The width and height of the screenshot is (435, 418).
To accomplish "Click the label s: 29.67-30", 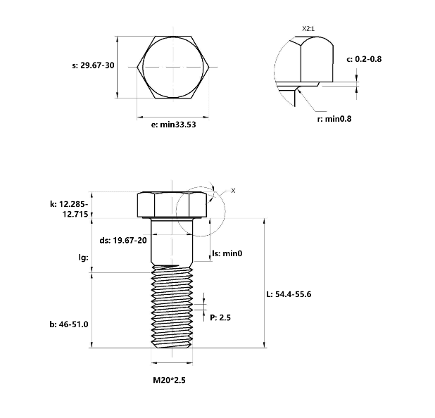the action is click(x=93, y=65).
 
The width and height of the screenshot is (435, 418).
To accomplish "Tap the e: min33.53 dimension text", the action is click(x=173, y=125).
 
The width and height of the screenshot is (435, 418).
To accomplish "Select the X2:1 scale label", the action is click(x=308, y=29).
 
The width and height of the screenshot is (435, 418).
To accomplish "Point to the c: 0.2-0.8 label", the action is click(x=364, y=59).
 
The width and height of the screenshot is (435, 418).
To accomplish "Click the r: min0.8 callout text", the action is click(x=334, y=119).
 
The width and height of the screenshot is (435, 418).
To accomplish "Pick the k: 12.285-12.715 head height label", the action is click(x=69, y=209).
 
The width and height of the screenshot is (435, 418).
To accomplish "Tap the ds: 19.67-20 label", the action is click(x=123, y=240).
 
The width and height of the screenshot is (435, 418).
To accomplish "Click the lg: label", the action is click(x=83, y=258).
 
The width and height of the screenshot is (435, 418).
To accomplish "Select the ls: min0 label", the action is click(x=227, y=253).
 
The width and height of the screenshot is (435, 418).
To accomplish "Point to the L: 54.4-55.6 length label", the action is click(x=289, y=294).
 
